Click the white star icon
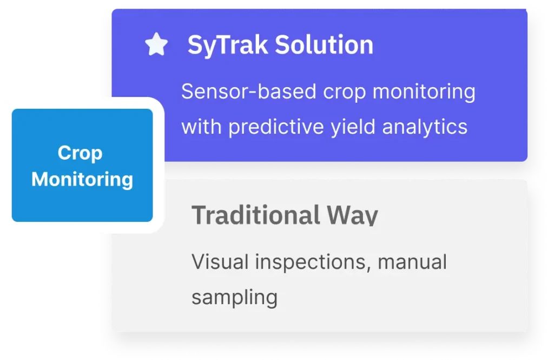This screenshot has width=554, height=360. pos(156,44)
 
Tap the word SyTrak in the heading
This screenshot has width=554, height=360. pos(228,45)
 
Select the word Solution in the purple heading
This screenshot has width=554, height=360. pos(324,45)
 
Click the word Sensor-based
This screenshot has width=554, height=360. pos(249,91)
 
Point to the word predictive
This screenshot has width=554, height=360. pos(276,127)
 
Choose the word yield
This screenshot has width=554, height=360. pos(353,127)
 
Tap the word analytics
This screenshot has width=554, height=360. pos(425,127)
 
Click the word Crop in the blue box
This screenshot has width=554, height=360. pos(80,154)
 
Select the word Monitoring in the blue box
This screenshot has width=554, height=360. pos(82,180)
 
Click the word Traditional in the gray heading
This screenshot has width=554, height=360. pos(256,215)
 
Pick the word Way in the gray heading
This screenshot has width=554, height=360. pos(352,215)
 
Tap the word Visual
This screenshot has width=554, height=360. pos(220,262)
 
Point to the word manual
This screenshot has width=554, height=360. pos(412,262)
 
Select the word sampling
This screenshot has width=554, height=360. pos(235,298)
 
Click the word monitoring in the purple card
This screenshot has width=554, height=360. pos(424,92)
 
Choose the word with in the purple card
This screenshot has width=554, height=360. pos(201,127)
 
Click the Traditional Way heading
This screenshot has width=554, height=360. pos(285,215)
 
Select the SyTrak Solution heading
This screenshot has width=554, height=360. pos(281,45)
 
